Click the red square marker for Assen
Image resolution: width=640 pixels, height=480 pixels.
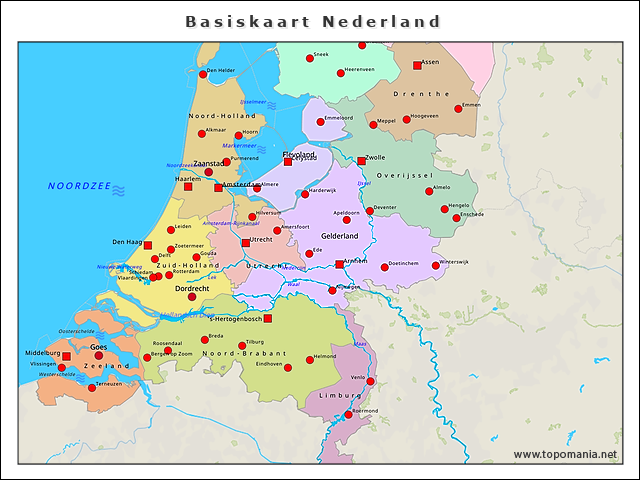point(417,66)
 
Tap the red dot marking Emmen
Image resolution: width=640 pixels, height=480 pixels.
point(458,108)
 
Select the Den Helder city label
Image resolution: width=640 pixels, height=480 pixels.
point(220,70)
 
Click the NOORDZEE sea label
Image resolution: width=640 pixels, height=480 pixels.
point(77,187)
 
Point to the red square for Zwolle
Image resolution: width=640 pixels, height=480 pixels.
point(361,161)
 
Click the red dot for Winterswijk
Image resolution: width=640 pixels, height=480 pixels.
point(435,266)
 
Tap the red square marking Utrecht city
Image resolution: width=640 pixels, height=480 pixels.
point(246,242)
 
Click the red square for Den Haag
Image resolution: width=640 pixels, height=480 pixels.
point(148,245)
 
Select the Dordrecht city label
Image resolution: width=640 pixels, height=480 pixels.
point(192,288)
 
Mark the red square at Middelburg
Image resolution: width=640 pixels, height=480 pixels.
point(66,356)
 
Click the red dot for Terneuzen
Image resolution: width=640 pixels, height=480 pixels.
point(92,387)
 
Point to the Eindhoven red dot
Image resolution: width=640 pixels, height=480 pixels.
point(288,367)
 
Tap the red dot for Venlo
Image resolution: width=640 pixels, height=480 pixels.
point(370,381)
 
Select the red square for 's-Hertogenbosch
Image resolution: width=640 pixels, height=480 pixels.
point(267,319)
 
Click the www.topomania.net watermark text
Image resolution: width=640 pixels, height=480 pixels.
point(565,455)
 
